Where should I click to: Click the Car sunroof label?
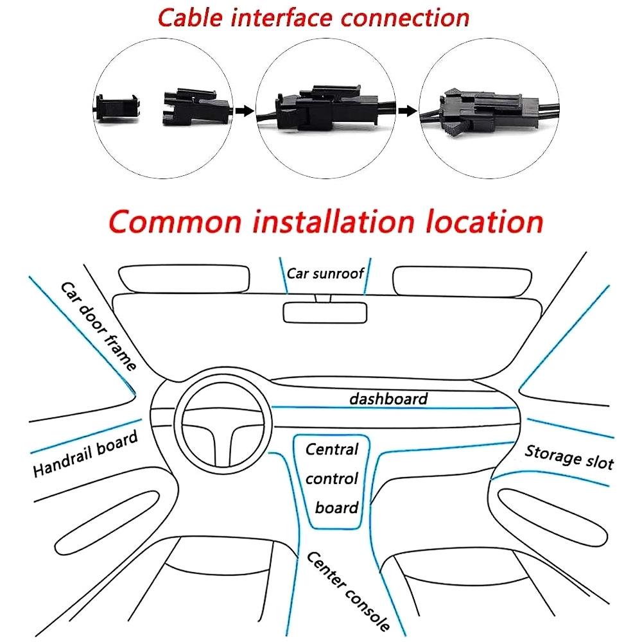(325, 273)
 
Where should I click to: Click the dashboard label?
(388, 399)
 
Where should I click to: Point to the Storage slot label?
(569, 456)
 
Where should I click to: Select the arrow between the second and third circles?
(406, 111)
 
